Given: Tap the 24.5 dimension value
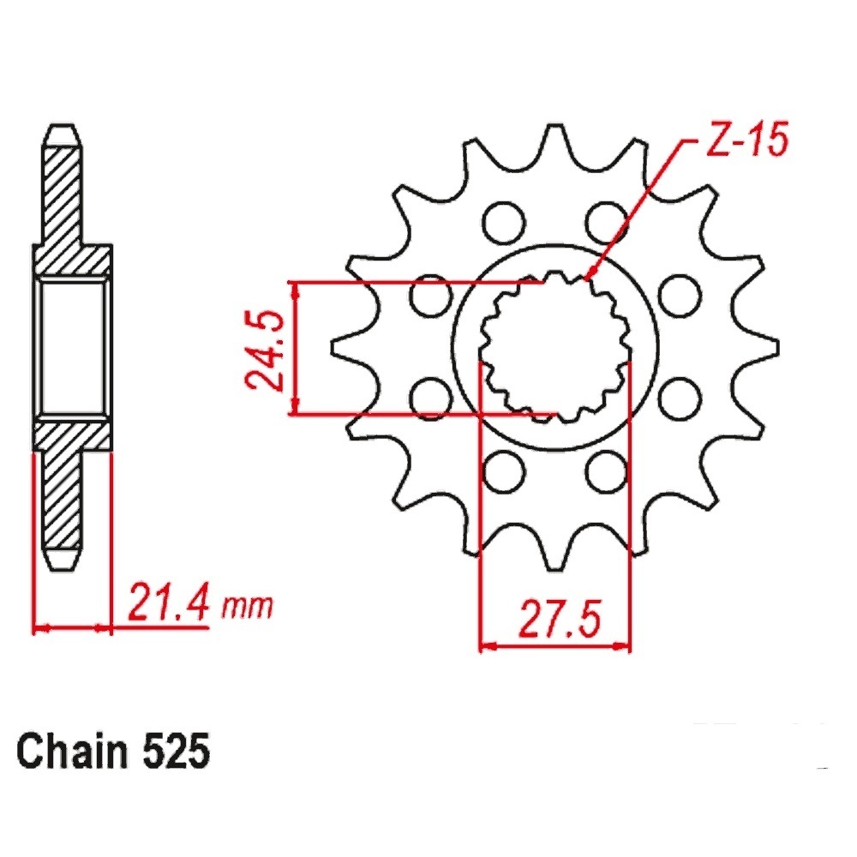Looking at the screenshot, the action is tap(266, 350).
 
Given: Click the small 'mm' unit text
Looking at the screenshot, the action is tap(246, 607).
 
